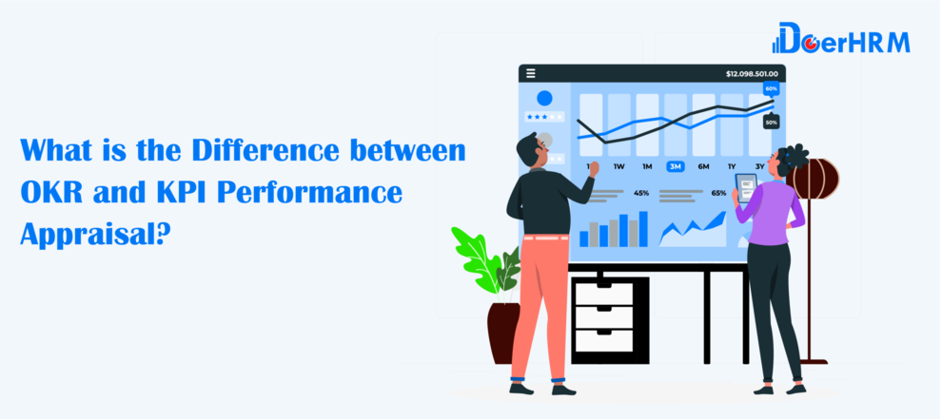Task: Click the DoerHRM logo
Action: pyautogui.click(x=841, y=38)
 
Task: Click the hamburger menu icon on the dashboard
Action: pyautogui.click(x=531, y=73)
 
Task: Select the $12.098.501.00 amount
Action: pyautogui.click(x=752, y=74)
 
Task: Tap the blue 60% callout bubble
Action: pyautogui.click(x=772, y=89)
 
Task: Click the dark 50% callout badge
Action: pyautogui.click(x=772, y=122)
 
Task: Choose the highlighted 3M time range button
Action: pyautogui.click(x=676, y=166)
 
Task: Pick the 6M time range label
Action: pyautogui.click(x=703, y=166)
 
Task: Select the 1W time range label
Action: pyautogui.click(x=619, y=166)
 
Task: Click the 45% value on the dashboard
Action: pyautogui.click(x=641, y=193)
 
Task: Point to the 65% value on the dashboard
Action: pyautogui.click(x=718, y=193)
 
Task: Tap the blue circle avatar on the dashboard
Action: pyautogui.click(x=545, y=99)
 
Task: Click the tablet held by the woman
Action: pyautogui.click(x=747, y=187)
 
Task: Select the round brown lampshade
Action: pyautogui.click(x=815, y=179)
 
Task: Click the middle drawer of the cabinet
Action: pyautogui.click(x=604, y=317)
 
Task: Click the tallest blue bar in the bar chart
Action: pyautogui.click(x=643, y=229)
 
